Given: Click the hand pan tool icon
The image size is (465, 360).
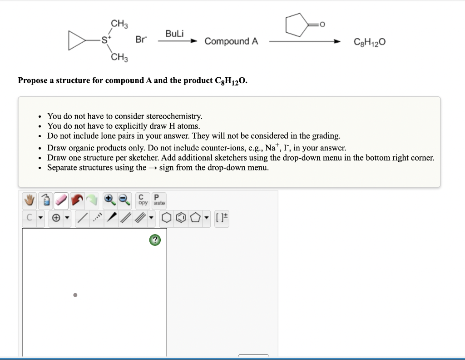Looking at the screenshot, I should coord(30,199).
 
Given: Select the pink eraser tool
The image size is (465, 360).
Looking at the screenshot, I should coord(61,199).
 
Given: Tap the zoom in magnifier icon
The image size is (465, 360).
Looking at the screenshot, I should coord(109,199).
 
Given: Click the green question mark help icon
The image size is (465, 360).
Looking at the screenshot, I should coord(155,240).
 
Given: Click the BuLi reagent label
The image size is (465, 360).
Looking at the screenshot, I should coord(174,34).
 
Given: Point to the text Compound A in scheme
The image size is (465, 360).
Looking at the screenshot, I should coord(231,41).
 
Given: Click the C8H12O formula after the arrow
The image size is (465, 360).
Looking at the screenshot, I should coord(370,42).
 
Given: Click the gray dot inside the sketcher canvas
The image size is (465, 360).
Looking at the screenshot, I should coord(75,295).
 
